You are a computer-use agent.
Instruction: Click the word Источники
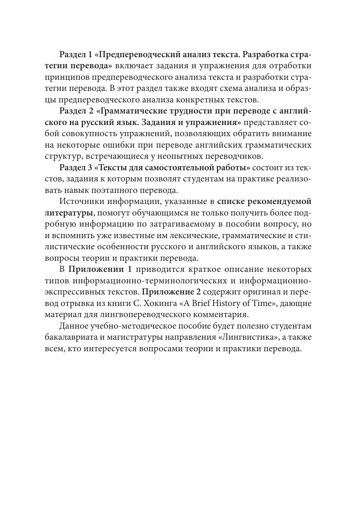pyautogui.click(x=81, y=201)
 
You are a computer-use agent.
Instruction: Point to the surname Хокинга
pyautogui.click(x=179, y=303)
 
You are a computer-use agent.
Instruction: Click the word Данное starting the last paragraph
pyautogui.click(x=74, y=326)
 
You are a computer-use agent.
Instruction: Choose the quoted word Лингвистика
pyautogui.click(x=238, y=337)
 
